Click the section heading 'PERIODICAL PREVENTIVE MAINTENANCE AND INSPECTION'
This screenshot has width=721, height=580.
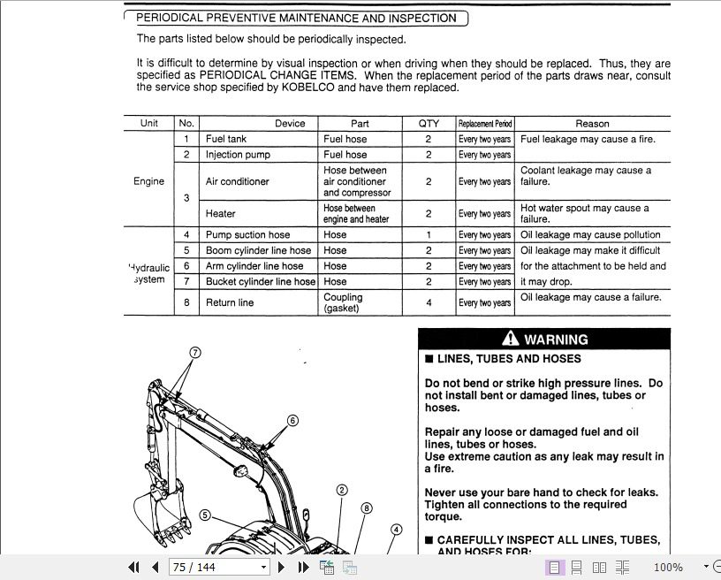296,18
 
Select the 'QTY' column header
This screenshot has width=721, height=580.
428,124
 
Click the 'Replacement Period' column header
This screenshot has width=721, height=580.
484,124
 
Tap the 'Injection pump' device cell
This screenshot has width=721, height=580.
238,155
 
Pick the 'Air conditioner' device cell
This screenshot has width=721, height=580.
237,181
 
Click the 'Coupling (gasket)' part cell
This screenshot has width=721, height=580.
343,302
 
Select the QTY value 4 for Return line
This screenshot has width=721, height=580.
429,302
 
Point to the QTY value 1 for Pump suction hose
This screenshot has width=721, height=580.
429,235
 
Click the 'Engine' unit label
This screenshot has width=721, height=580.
148,181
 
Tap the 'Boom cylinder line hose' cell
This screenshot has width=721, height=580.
258,251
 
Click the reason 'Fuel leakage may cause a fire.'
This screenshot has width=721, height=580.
588,139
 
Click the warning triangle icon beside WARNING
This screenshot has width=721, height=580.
511,339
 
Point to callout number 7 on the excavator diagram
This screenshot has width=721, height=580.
195,352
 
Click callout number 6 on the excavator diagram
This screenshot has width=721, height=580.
292,421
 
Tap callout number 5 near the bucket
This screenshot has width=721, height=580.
205,515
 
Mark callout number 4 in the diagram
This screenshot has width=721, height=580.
396,530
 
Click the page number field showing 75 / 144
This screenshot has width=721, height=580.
218,567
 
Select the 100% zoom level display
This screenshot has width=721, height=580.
667,567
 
